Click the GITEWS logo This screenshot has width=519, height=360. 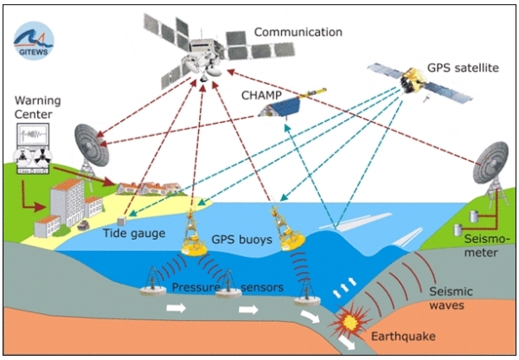click(33, 39)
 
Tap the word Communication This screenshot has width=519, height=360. click(298, 33)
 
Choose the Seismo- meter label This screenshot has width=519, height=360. click(477, 245)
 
